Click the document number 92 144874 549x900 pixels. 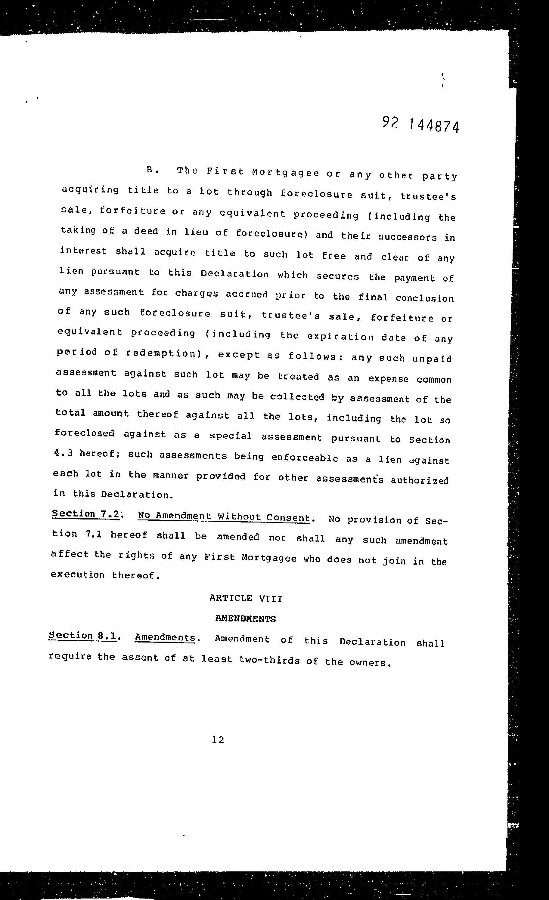420,125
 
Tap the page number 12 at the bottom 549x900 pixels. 218,740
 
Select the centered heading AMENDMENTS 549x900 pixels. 245,619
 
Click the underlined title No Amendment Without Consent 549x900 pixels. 224,517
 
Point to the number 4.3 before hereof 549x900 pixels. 63,453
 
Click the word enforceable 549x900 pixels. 305,458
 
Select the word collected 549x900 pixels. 297,397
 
